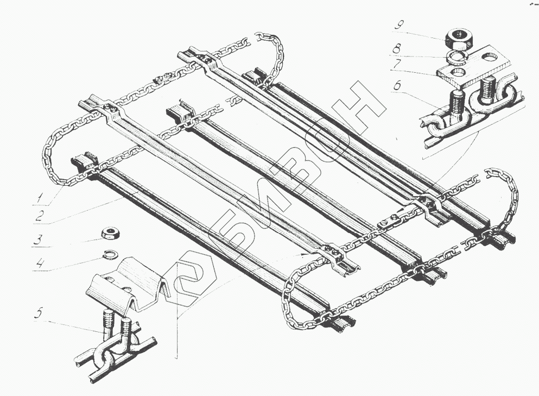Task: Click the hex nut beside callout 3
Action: point(111,234)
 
